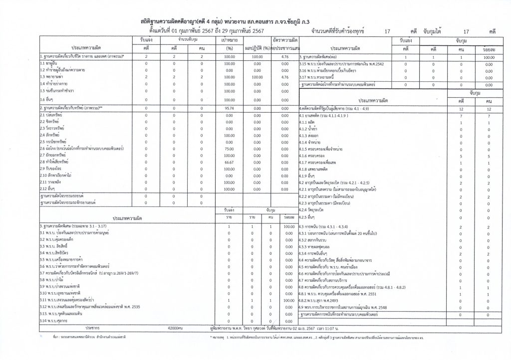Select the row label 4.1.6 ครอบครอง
[315, 156]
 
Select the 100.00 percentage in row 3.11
[286, 301]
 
